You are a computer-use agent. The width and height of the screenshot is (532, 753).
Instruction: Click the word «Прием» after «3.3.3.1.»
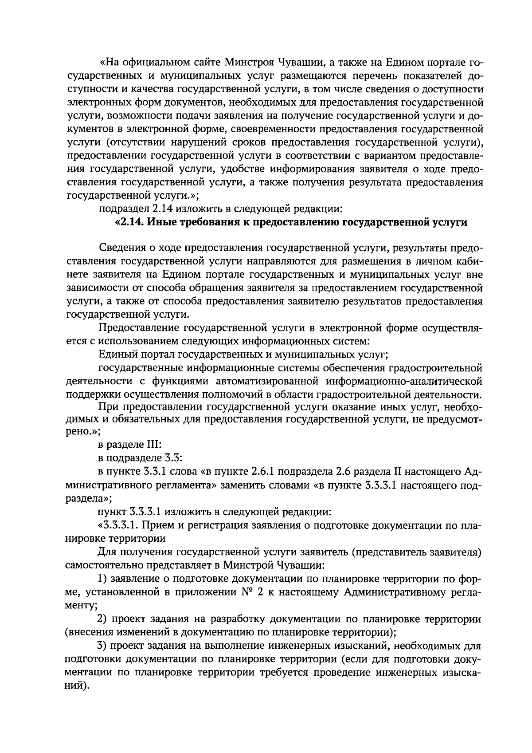tap(162, 526)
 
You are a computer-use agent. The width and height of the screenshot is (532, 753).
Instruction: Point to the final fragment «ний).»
tap(77, 686)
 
